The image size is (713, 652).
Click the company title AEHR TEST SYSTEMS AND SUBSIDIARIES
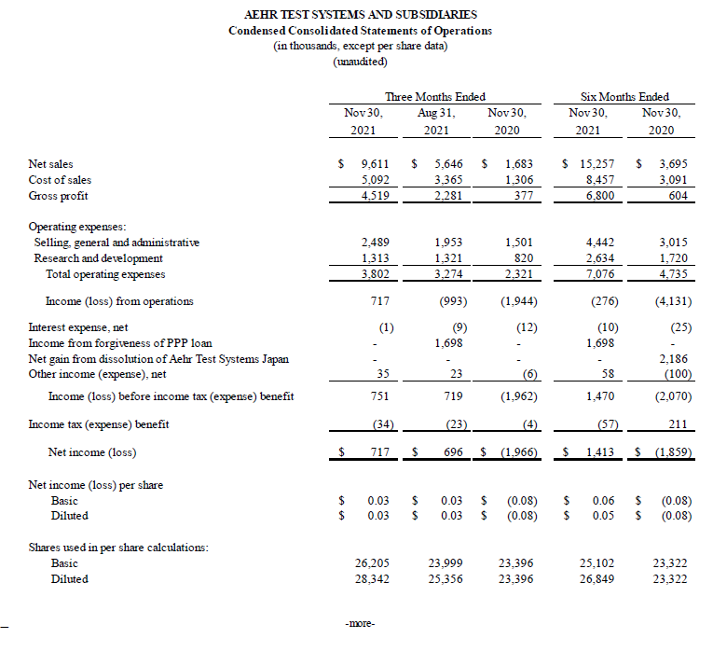click(x=360, y=14)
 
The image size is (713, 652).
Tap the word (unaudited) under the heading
click(x=360, y=62)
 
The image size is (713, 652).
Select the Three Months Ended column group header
click(x=434, y=97)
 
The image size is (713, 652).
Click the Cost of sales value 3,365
click(x=448, y=180)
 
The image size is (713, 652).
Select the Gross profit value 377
click(x=519, y=196)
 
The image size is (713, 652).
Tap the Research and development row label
click(x=98, y=258)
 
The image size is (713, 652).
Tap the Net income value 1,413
click(x=597, y=453)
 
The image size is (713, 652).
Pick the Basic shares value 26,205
click(x=372, y=563)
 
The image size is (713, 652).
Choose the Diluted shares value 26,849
click(x=596, y=579)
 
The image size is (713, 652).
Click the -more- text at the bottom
click(x=359, y=623)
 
